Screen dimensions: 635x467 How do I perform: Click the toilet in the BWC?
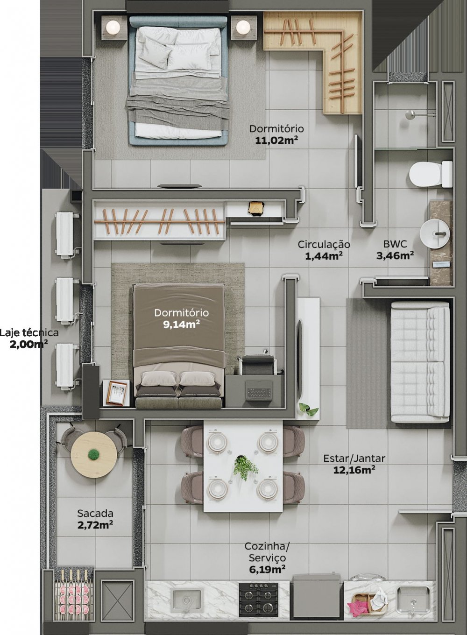[x=430, y=175]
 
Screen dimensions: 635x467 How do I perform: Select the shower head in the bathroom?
[x=410, y=113]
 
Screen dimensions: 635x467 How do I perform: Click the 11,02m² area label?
[x=277, y=140]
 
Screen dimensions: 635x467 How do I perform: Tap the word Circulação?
[x=324, y=244]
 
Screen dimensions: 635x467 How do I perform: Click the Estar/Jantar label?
[x=354, y=459]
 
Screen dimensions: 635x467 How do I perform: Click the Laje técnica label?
[x=29, y=333]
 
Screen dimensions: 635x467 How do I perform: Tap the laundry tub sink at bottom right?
[x=413, y=600]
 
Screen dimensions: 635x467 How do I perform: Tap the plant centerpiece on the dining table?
[x=245, y=467]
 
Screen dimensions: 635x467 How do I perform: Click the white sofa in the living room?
[x=419, y=362]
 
